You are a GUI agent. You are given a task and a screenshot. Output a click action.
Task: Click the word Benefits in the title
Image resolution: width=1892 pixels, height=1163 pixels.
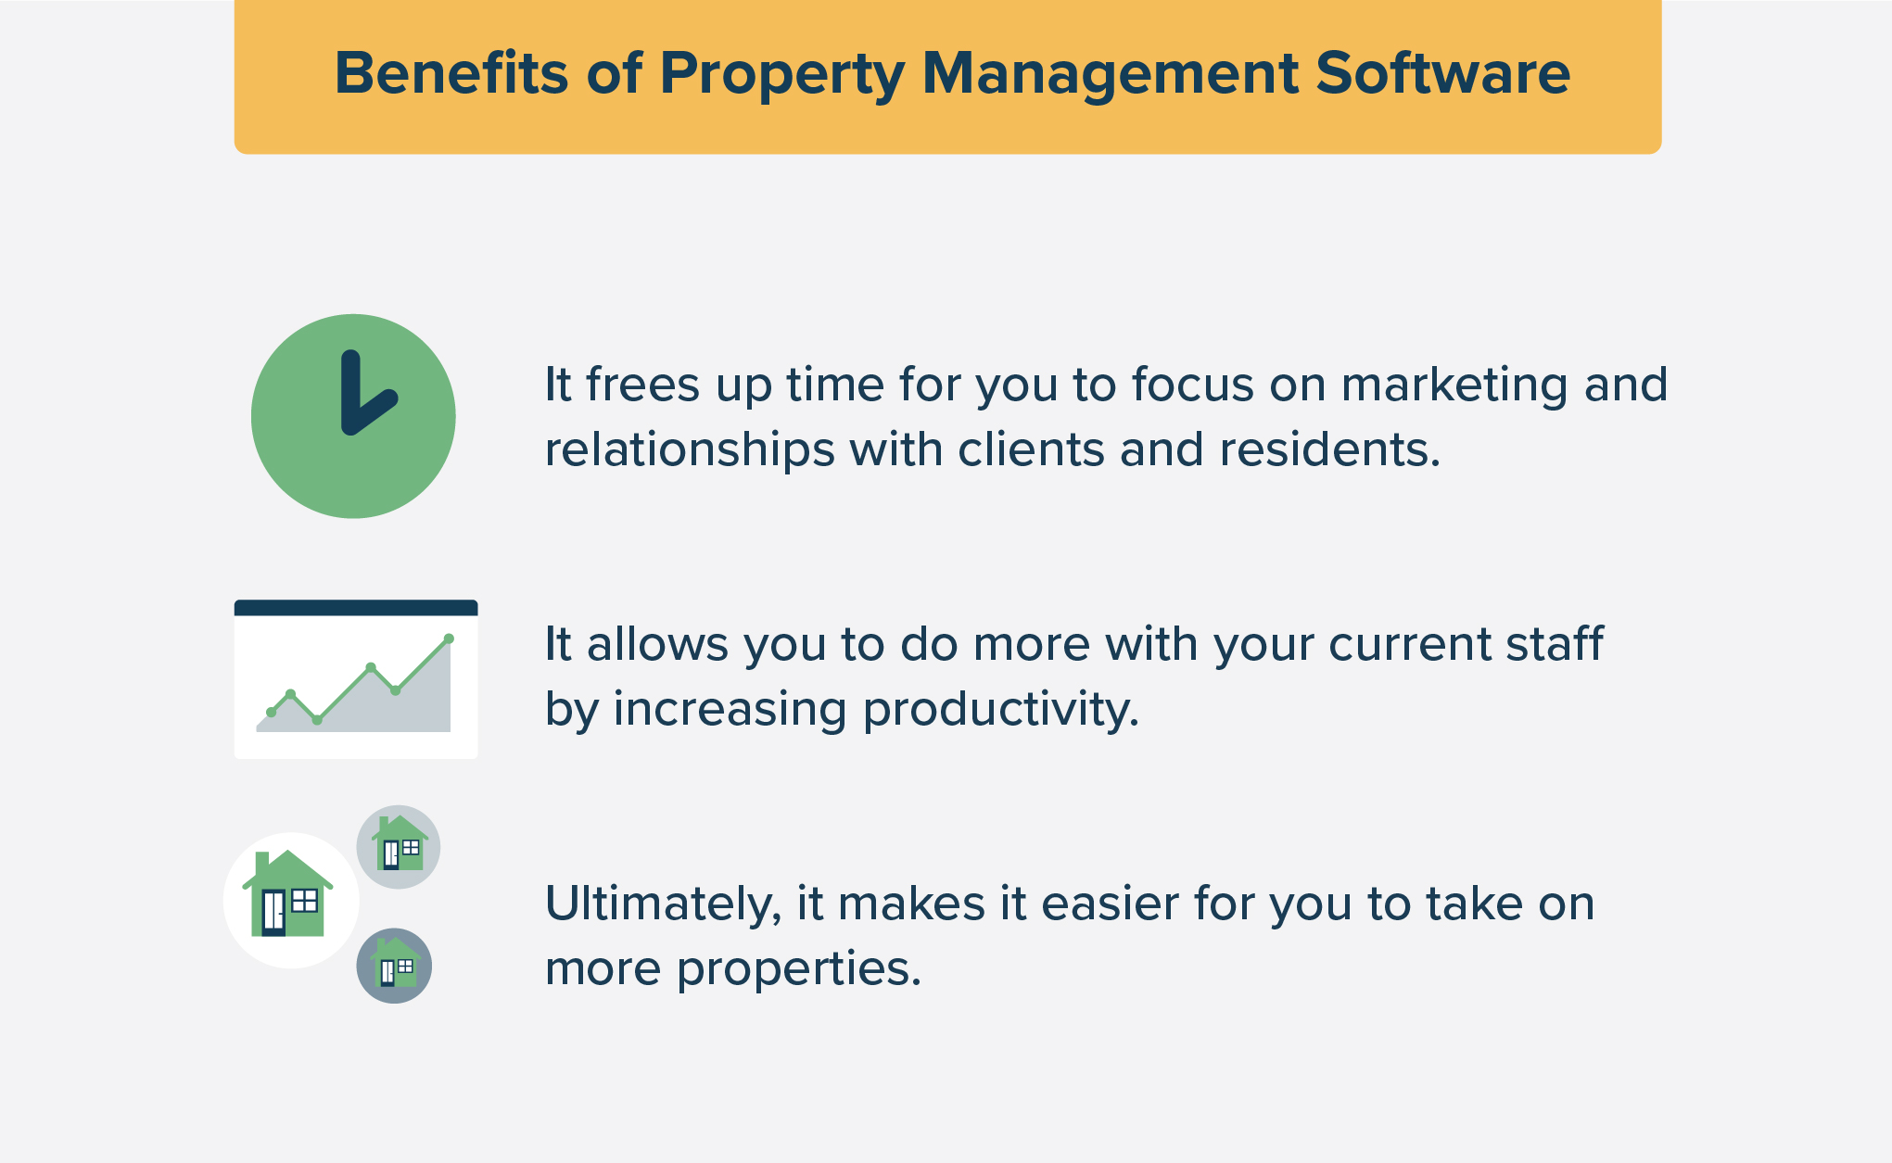[x=451, y=73]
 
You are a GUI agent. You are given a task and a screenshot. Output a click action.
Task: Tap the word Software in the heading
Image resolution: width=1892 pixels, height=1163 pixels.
[x=1442, y=73]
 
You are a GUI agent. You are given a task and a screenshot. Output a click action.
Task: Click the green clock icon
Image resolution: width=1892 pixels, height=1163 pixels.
[x=353, y=416]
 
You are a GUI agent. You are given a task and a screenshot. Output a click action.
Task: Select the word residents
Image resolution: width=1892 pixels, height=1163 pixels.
[x=1329, y=450]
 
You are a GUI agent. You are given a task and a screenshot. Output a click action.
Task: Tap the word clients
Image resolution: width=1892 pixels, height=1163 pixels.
[x=1030, y=450]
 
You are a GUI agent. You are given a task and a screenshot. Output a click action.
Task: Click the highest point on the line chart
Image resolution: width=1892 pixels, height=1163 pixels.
[x=449, y=638]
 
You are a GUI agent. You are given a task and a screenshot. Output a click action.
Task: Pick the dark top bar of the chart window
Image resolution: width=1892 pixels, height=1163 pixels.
[x=356, y=608]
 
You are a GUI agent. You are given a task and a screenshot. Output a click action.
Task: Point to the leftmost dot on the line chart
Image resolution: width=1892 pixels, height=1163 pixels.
[x=271, y=712]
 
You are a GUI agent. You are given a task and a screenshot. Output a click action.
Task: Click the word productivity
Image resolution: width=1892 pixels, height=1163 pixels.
[x=1000, y=711]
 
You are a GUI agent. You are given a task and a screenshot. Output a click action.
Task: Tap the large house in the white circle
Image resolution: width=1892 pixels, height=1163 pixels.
[x=288, y=895]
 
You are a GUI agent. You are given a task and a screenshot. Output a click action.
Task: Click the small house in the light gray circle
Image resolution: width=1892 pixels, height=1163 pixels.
[x=400, y=844]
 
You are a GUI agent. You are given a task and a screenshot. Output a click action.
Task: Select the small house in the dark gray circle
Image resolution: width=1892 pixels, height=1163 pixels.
[x=395, y=964]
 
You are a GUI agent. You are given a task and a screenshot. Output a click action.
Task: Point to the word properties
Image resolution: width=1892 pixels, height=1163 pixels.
[x=798, y=970]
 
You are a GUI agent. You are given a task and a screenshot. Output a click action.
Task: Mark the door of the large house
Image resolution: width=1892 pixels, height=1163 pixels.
[x=273, y=912]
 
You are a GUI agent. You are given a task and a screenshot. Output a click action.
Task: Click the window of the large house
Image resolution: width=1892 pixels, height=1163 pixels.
[x=305, y=900]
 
